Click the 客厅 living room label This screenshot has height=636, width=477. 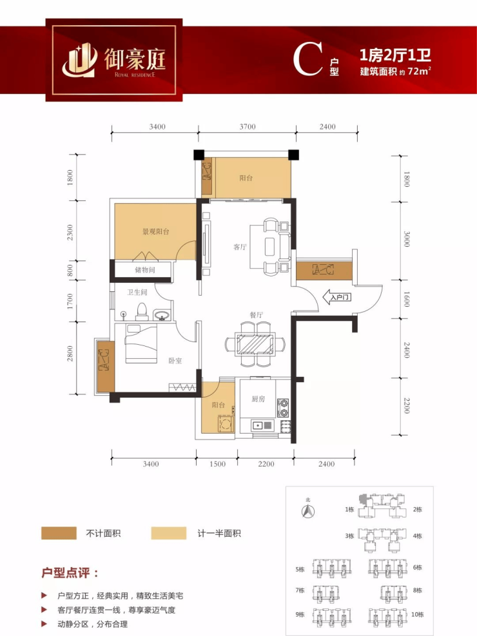tap(240, 247)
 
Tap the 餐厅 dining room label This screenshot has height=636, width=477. tap(256, 314)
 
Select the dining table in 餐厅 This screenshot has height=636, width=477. tap(255, 344)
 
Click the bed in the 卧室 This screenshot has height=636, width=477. tap(141, 343)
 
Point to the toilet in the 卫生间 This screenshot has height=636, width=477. tap(142, 311)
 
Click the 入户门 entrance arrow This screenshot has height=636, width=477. tap(337, 297)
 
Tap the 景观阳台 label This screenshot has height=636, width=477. tap(156, 231)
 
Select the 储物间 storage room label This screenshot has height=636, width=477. tap(145, 270)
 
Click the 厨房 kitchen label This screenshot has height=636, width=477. tap(258, 399)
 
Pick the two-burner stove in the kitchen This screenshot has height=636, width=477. tap(283, 408)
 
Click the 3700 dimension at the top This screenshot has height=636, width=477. tap(248, 126)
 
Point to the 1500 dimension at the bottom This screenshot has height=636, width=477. tap(217, 463)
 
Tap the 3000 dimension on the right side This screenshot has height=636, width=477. tap(407, 239)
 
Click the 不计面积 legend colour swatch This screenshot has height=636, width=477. tap(59, 533)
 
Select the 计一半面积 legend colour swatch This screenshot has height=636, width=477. tap(169, 533)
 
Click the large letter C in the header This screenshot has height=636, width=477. tap(308, 60)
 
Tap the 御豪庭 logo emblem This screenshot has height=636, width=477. tap(79, 60)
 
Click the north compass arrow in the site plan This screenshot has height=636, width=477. tap(308, 511)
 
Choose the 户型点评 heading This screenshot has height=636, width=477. tap(70, 573)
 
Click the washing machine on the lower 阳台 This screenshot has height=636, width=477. tap(225, 424)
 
